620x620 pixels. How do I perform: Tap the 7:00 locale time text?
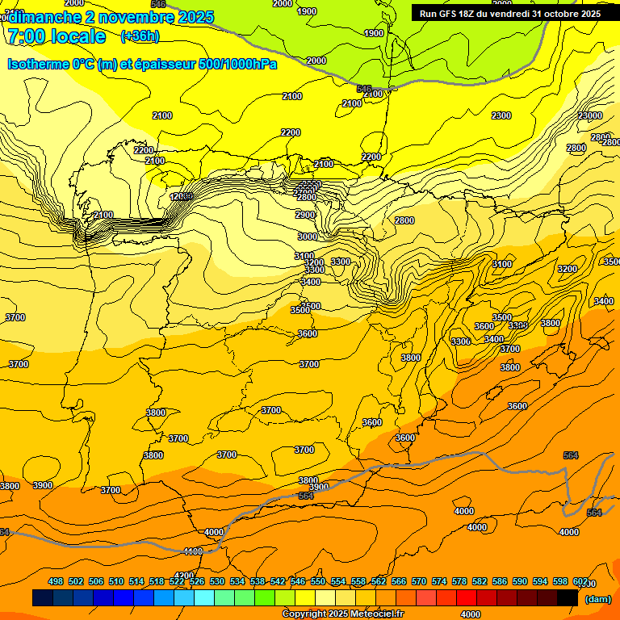pos(55,36)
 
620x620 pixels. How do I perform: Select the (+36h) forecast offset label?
pos(140,36)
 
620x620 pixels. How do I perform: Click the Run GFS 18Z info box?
pos(509,14)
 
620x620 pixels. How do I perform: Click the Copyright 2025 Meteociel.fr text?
pos(342,614)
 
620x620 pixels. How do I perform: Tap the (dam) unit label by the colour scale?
pos(597,598)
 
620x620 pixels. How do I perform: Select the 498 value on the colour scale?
pos(56,581)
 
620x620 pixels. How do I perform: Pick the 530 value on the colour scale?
pos(217,581)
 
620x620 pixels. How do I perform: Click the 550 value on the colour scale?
pos(318,581)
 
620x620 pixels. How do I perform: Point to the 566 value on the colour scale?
pos(399,581)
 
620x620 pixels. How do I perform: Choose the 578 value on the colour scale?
pos(459,581)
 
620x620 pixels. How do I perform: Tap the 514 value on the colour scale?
pos(136,581)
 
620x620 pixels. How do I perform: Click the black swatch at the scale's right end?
pos(568,597)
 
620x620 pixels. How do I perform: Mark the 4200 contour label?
pos(184,576)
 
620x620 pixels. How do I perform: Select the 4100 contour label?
pos(193,551)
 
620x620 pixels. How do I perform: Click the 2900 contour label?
pos(305,215)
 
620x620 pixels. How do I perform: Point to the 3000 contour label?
pos(307,237)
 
